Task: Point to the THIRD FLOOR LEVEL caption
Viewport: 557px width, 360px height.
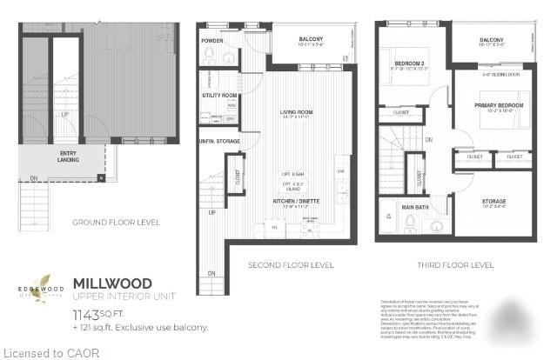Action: click(452, 264)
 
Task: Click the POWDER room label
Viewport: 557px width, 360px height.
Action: click(212, 41)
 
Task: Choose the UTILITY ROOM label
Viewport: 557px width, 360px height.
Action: click(220, 96)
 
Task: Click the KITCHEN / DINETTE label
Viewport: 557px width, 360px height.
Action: click(297, 204)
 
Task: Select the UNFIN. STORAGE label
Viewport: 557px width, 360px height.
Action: click(219, 141)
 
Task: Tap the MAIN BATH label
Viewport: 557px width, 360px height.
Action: click(414, 206)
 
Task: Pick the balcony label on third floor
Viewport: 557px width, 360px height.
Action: click(491, 40)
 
